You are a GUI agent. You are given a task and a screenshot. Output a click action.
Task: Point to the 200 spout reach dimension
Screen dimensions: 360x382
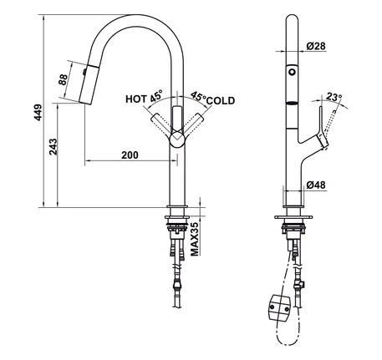pyautogui.click(x=130, y=155)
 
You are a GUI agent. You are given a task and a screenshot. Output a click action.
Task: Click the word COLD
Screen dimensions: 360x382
pyautogui.click(x=222, y=101)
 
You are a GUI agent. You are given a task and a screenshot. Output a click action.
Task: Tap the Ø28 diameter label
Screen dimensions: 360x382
pyautogui.click(x=316, y=45)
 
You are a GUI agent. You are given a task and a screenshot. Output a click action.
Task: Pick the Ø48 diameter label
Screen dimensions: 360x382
pyautogui.click(x=316, y=183)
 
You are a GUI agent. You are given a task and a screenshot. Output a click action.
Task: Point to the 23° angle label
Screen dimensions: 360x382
pyautogui.click(x=335, y=98)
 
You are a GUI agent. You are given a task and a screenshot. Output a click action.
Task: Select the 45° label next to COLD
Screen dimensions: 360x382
pyautogui.click(x=200, y=96)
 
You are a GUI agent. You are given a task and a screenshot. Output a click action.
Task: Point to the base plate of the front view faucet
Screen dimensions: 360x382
pyautogui.click(x=176, y=209)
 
